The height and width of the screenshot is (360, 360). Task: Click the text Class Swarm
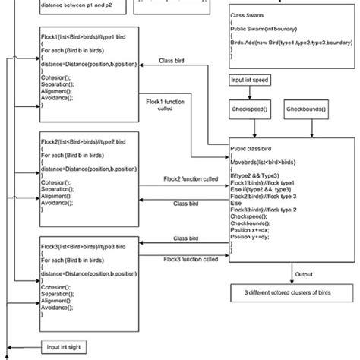pyautogui.click(x=249, y=16)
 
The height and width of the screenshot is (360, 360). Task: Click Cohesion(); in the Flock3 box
pyautogui.click(x=60, y=286)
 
